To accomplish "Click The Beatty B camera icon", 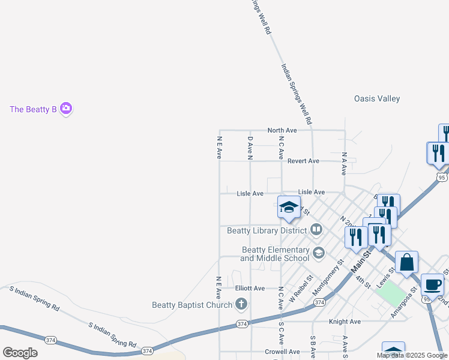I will [x=66, y=109].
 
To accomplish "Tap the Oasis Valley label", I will [x=377, y=98].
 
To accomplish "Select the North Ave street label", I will [x=282, y=130].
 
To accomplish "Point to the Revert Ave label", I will [x=303, y=161].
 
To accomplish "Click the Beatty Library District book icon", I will [x=316, y=230].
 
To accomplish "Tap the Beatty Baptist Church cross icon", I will [x=241, y=305].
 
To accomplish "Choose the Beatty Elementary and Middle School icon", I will [x=318, y=253].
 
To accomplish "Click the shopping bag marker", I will [x=406, y=262].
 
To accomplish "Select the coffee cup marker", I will [x=432, y=285].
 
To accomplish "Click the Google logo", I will [x=20, y=353].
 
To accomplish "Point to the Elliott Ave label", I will [x=250, y=288].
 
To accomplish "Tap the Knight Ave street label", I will [x=345, y=322].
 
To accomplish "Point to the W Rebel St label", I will [x=301, y=288].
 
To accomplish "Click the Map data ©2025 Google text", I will [x=411, y=355].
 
